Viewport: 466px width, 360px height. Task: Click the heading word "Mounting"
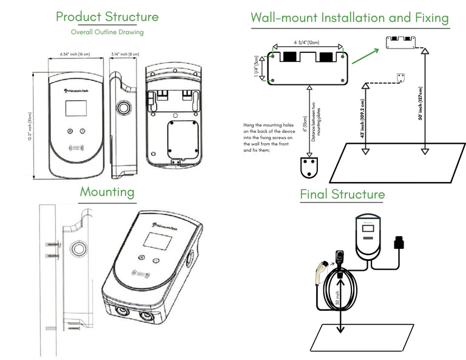pyautogui.click(x=107, y=192)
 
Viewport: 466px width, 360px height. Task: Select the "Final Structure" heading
pyautogui.click(x=342, y=194)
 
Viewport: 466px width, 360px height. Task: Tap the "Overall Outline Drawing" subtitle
pyautogui.click(x=107, y=32)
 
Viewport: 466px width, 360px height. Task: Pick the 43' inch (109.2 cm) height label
pyautogui.click(x=362, y=118)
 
